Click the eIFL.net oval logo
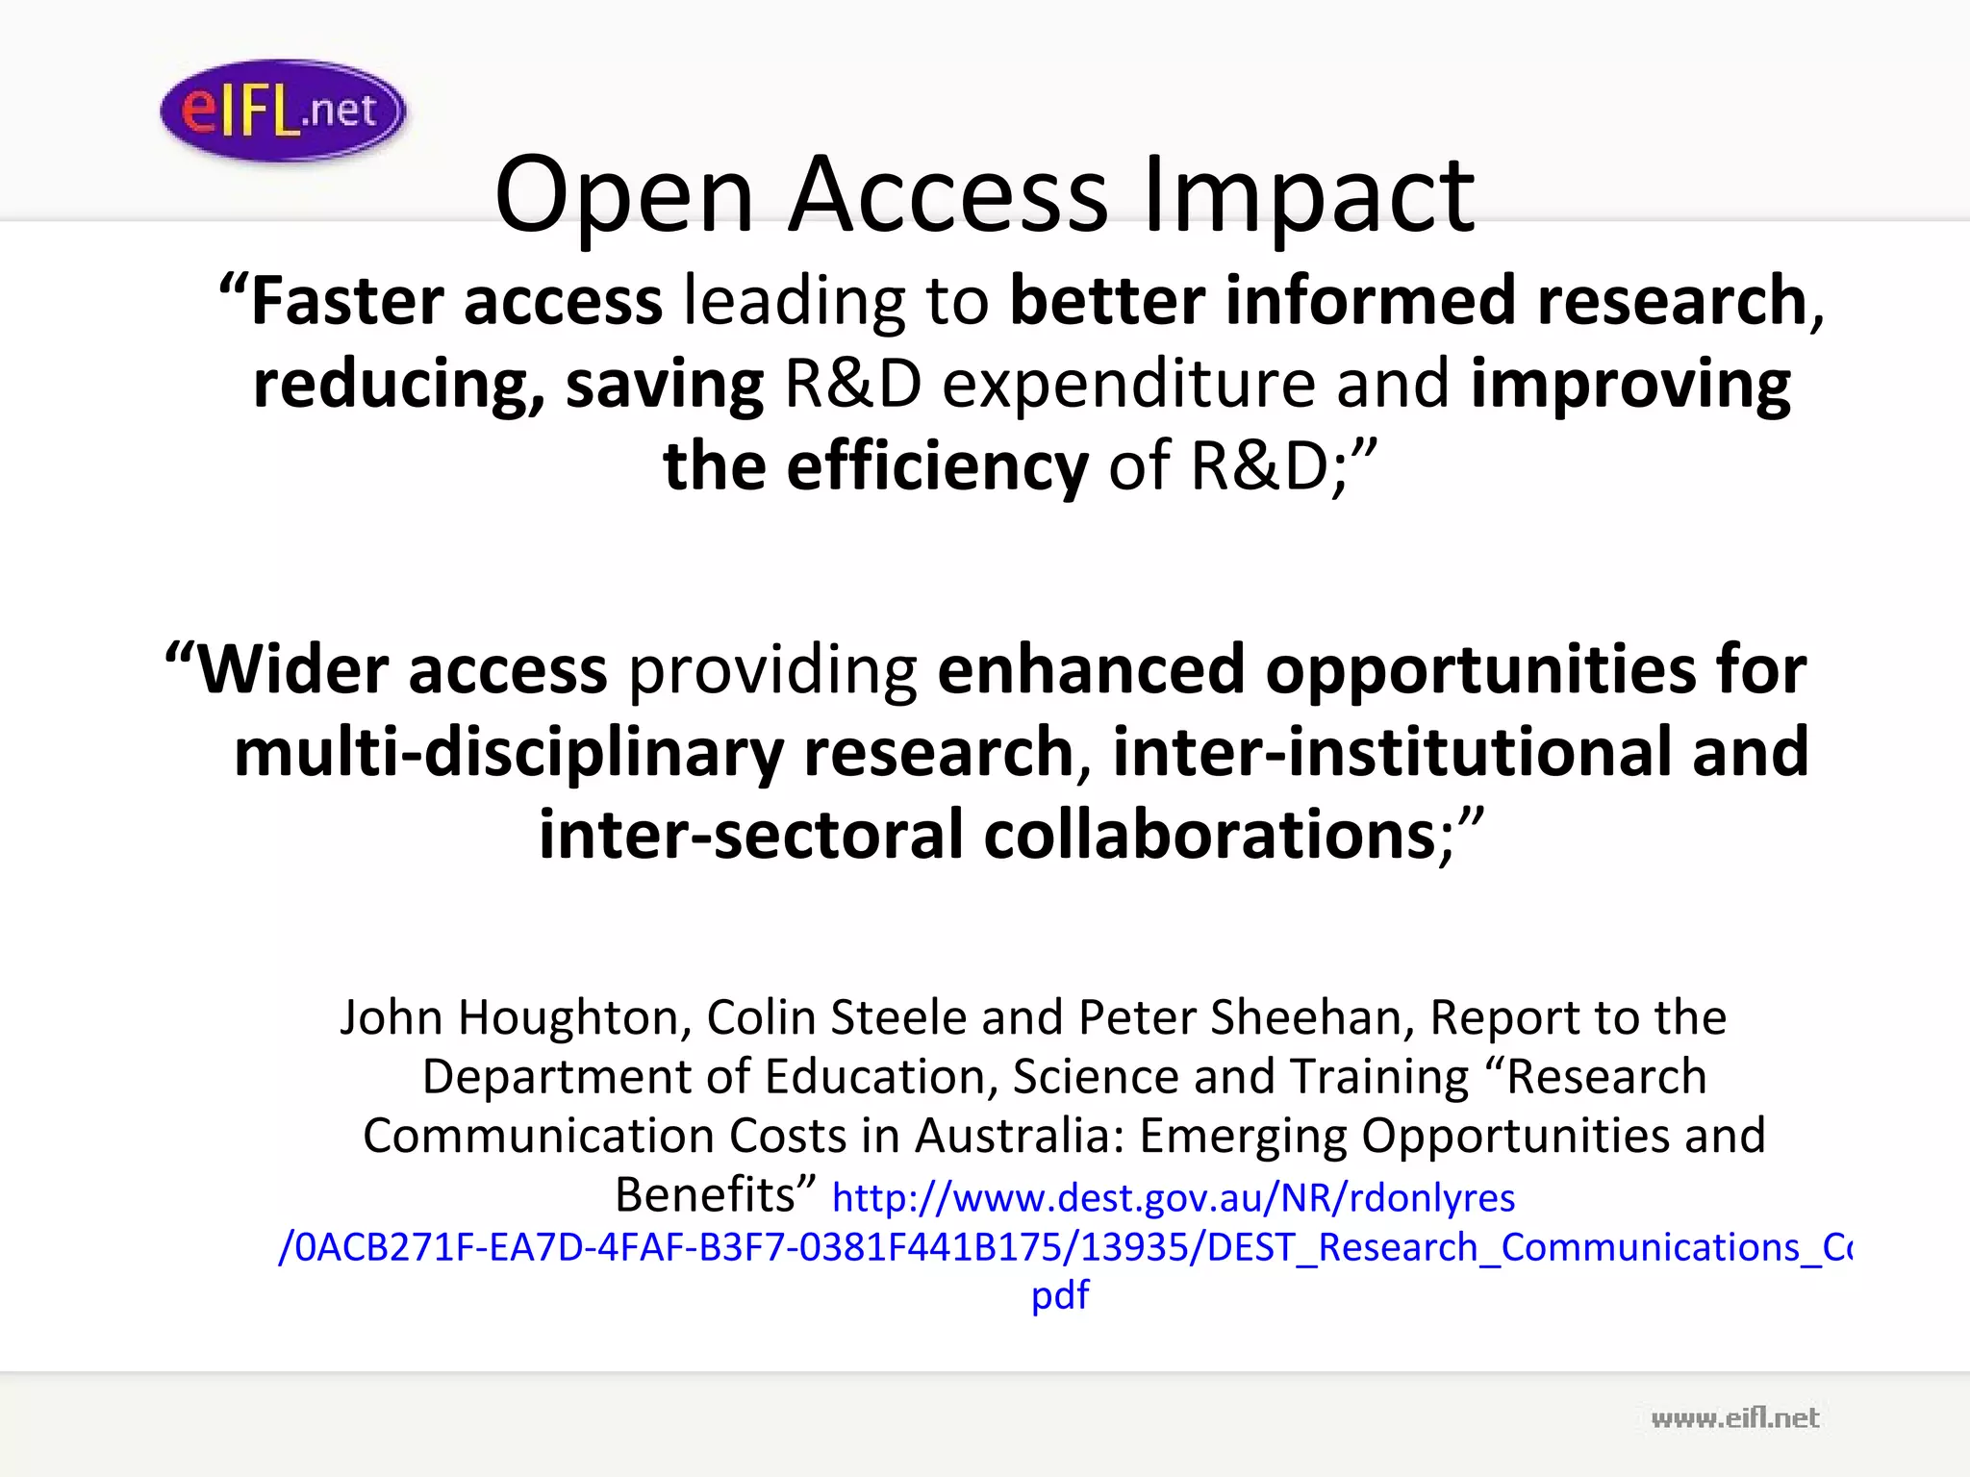point(283,111)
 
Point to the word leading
point(795,300)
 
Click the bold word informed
point(1370,300)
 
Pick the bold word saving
point(665,383)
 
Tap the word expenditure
point(1127,383)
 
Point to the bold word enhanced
point(1091,669)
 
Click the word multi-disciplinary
point(509,752)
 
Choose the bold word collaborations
point(1210,835)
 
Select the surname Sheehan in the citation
point(1312,1017)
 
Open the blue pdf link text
point(1060,1296)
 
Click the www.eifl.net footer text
point(1734,1418)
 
